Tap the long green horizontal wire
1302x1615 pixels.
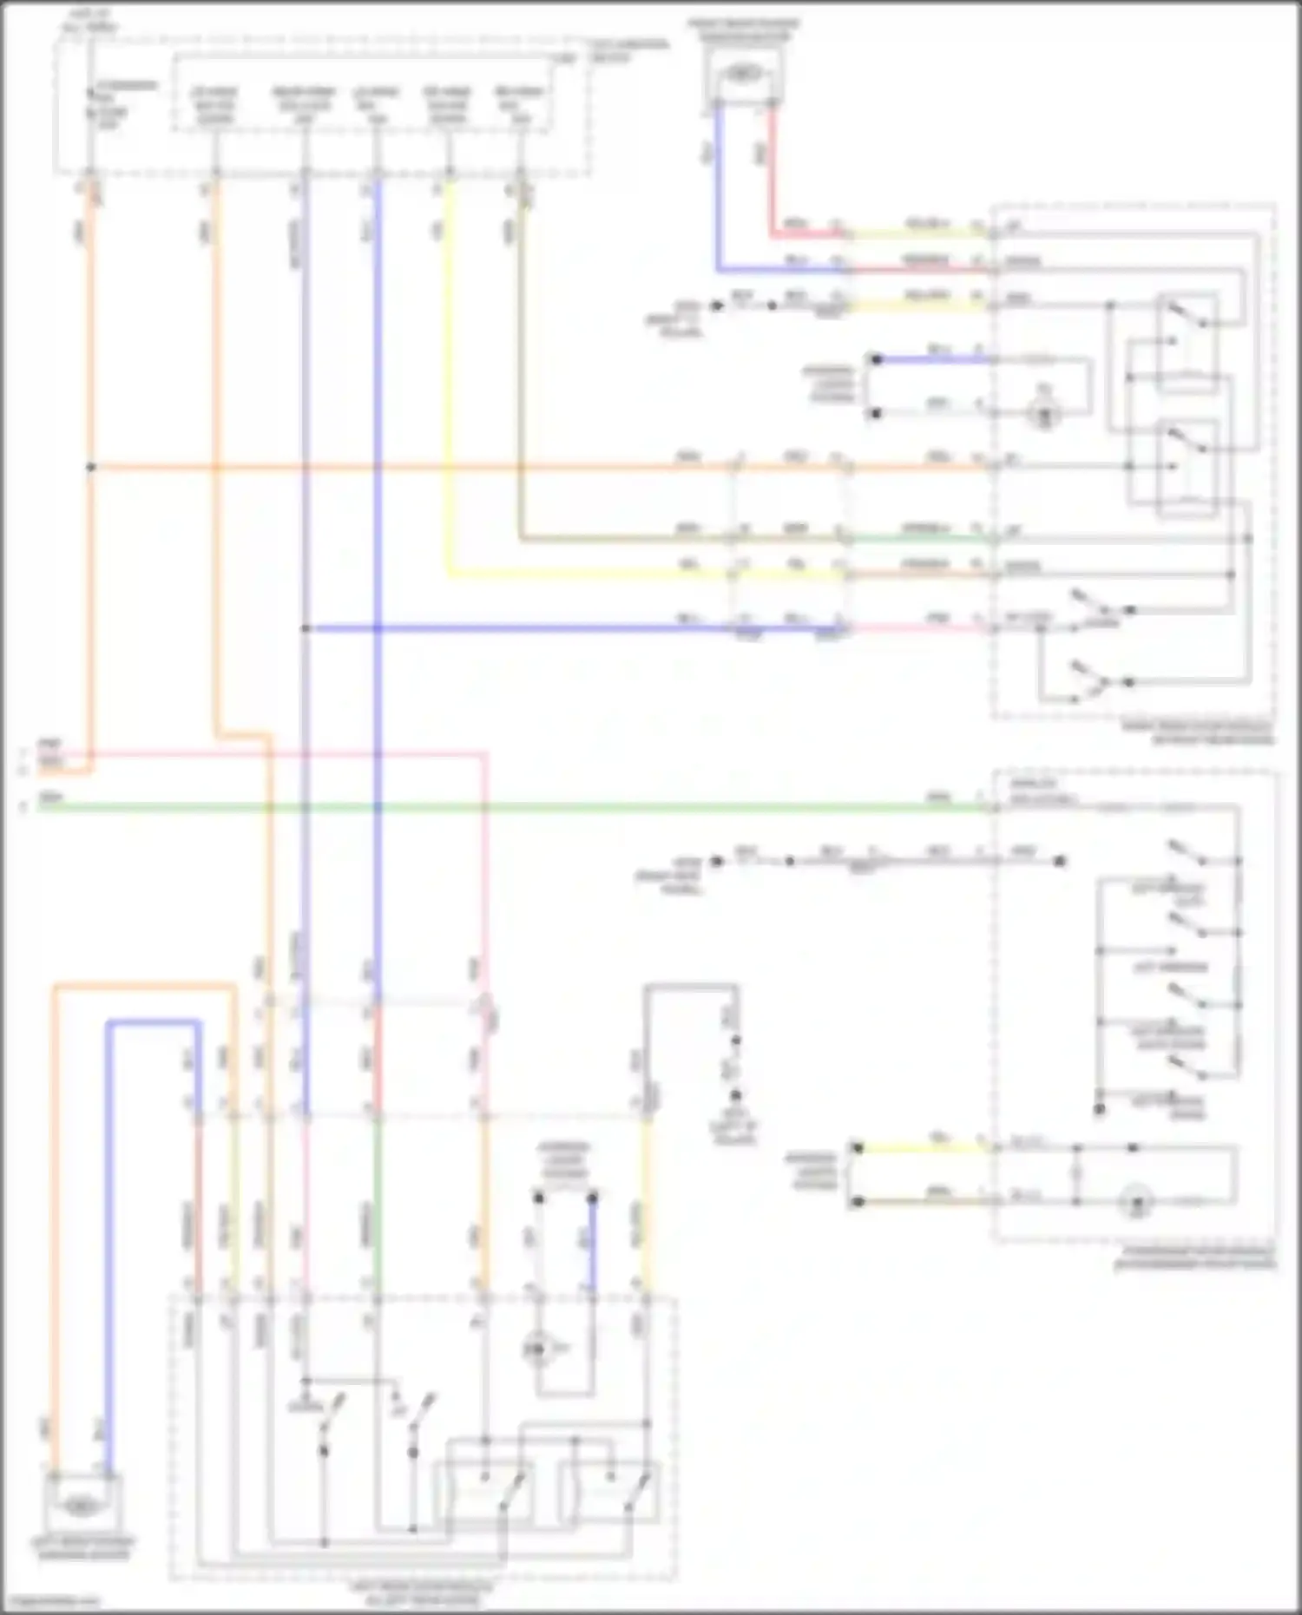pyautogui.click(x=521, y=807)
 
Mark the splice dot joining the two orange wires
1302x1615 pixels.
pyautogui.click(x=90, y=467)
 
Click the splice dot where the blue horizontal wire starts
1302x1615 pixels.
pyautogui.click(x=306, y=628)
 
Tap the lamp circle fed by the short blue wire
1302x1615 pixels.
pyautogui.click(x=1044, y=416)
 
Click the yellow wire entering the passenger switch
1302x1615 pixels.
pyautogui.click(x=924, y=1147)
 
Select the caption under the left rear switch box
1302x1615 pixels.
pyautogui.click(x=421, y=1592)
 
